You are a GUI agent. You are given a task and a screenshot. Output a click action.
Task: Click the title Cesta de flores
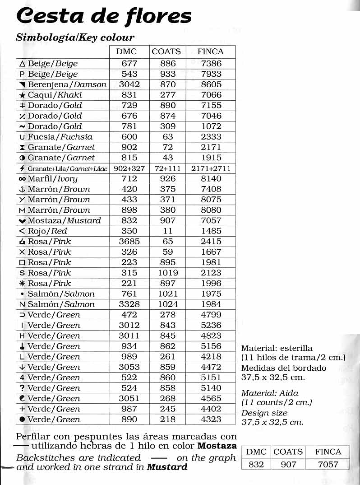[x=104, y=16]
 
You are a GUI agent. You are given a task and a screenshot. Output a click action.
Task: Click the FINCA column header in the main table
[x=210, y=51]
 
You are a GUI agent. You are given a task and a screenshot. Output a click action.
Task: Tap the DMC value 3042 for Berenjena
[x=129, y=84]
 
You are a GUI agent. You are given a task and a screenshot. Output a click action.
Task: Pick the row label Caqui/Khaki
[x=55, y=95]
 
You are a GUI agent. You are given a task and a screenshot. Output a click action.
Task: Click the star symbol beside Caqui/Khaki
[x=22, y=95]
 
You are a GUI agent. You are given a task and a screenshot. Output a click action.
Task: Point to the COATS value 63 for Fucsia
[x=168, y=137]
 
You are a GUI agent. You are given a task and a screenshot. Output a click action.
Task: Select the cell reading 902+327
[x=129, y=168]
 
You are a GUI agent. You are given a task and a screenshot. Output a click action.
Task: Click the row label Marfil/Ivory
[x=52, y=179]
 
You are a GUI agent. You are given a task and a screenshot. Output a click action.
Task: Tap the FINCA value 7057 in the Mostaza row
[x=211, y=220]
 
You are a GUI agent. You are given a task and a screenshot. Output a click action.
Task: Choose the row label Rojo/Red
[x=47, y=231]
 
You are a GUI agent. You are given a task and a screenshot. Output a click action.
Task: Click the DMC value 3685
[x=129, y=242]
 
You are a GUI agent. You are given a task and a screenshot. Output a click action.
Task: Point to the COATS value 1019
[x=168, y=273]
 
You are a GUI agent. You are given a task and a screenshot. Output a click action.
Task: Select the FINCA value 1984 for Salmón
[x=211, y=304]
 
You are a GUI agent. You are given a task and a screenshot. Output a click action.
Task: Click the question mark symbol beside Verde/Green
[x=22, y=388]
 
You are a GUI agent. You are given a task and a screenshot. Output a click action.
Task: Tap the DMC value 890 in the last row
[x=129, y=419]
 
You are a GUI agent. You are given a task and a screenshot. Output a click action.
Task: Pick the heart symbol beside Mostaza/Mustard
[x=22, y=221]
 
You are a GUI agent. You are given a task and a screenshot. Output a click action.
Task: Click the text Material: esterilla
[x=277, y=348]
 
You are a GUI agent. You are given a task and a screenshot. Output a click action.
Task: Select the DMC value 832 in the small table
[x=256, y=464]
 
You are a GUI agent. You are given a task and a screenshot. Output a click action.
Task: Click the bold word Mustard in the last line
[x=167, y=467]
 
